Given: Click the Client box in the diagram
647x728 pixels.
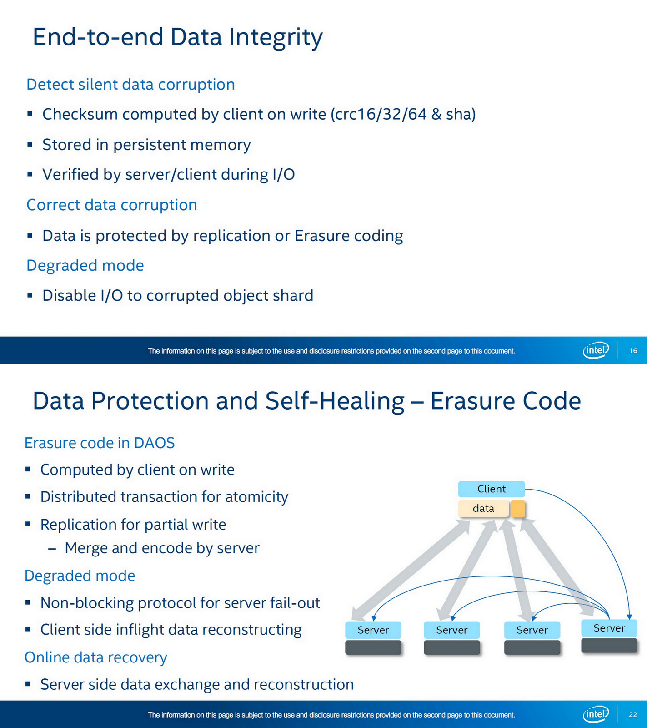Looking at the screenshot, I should click(491, 489).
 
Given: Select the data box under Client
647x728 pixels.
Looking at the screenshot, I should click(483, 508).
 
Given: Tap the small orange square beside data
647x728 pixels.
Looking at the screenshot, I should click(518, 509).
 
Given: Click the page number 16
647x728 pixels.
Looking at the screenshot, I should click(633, 350).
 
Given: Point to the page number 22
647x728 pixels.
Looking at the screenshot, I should click(633, 714).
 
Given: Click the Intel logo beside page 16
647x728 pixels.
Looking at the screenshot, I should click(596, 350).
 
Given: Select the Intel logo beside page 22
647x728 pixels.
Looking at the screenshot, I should click(596, 714).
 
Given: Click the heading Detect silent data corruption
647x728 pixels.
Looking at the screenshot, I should click(130, 85).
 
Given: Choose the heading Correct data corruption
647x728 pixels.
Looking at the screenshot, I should click(111, 205).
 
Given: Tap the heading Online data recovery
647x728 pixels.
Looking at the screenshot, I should click(95, 657).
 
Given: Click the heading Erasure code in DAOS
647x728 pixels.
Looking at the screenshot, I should click(99, 443).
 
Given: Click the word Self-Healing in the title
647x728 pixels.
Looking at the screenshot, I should click(335, 401).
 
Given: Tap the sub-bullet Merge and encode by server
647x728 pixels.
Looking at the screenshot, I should click(162, 548).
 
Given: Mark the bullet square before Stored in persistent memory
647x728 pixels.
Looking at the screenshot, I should click(30, 145).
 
